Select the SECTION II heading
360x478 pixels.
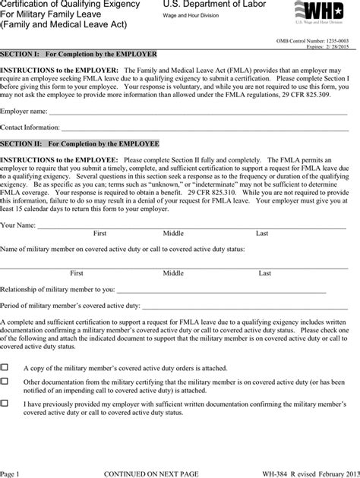coord(80,143)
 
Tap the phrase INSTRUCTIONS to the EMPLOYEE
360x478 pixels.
coord(59,160)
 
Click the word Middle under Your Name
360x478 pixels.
coord(173,234)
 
